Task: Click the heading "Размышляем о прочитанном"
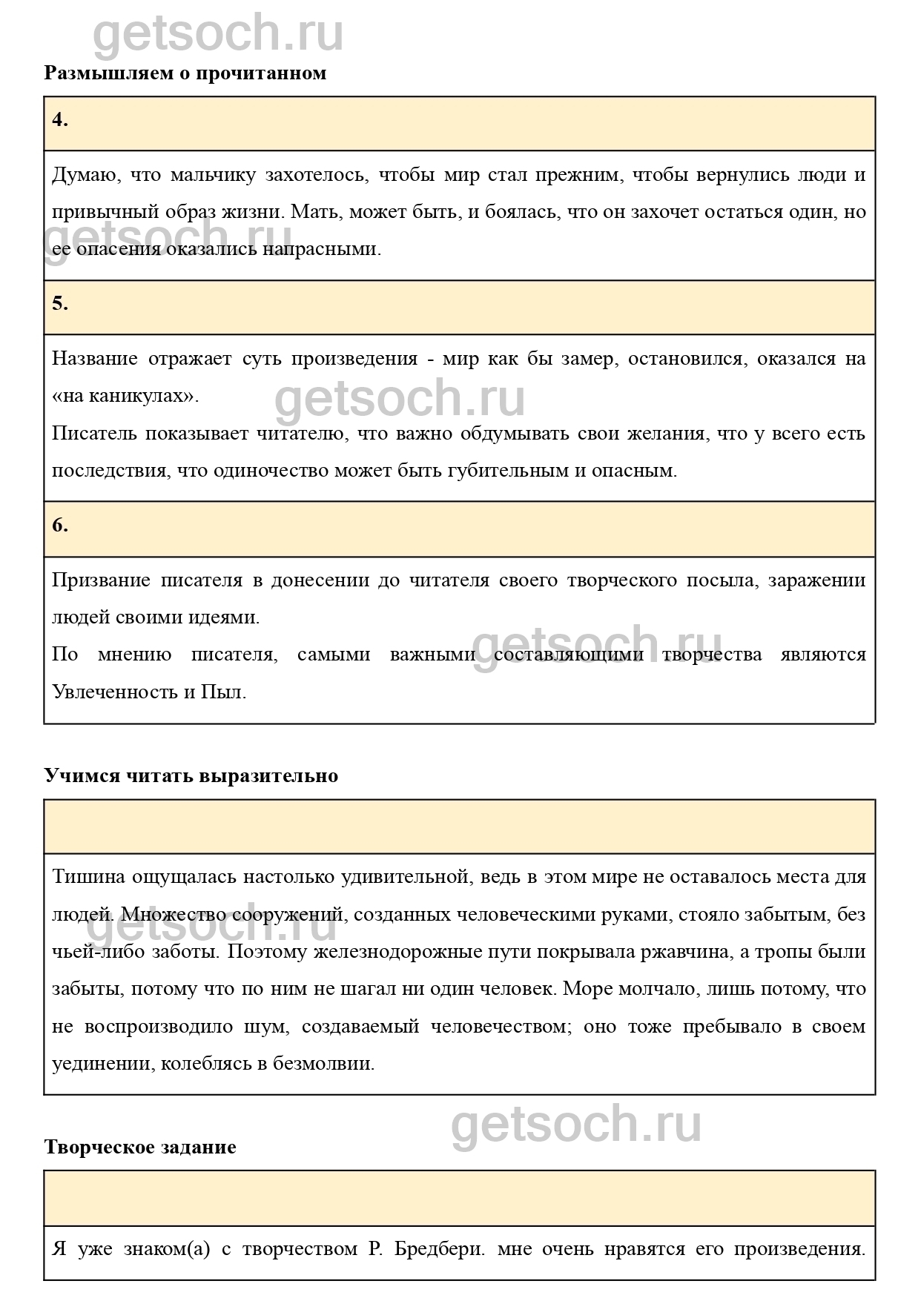click(x=185, y=73)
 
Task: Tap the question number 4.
click(x=60, y=120)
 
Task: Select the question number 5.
click(x=60, y=303)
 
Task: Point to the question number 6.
click(x=60, y=526)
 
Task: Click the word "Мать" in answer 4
click(x=309, y=212)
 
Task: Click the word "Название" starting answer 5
click(x=95, y=359)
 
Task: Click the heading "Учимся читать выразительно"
click(x=191, y=775)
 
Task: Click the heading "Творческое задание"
click(x=140, y=1147)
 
